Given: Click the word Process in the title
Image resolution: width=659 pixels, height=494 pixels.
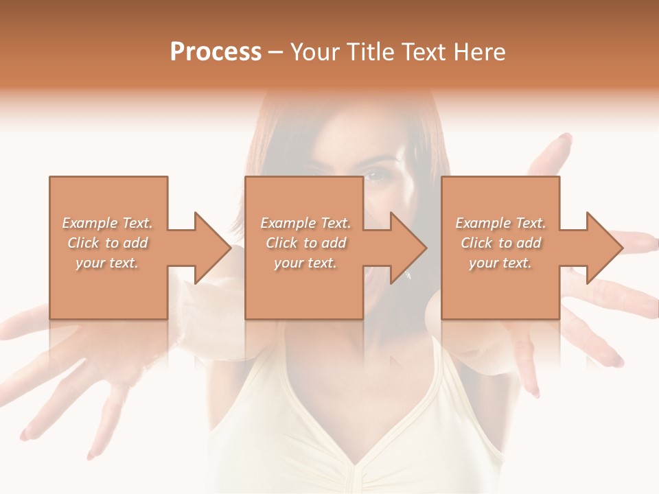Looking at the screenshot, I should (x=216, y=52).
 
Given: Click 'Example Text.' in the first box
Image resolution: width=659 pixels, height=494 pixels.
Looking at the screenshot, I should (x=108, y=223).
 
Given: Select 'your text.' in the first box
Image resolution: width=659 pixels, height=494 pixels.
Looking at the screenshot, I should (x=108, y=263).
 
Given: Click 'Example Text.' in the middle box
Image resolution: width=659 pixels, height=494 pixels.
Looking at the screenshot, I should (x=305, y=223).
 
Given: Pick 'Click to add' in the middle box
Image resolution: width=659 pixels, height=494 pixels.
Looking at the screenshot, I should (x=305, y=243).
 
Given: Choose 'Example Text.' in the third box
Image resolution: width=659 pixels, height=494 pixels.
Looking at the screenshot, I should (x=500, y=223).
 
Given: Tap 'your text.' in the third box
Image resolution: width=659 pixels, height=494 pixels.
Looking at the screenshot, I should (x=500, y=263).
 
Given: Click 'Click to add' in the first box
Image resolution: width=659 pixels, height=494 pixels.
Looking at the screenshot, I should (x=108, y=243).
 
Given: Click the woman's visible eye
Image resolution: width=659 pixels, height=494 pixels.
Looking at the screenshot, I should (x=375, y=176).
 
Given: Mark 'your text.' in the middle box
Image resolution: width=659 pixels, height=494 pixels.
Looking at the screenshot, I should (x=305, y=263).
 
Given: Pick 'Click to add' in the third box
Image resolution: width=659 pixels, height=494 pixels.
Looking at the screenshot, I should (x=500, y=243).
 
